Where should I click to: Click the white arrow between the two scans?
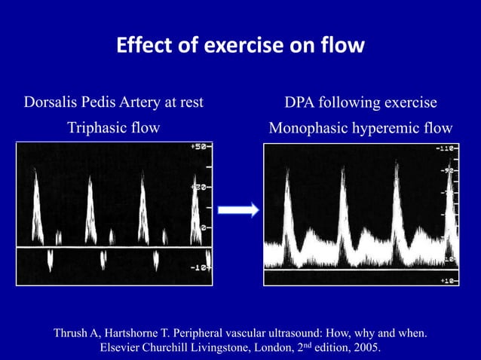(237, 210)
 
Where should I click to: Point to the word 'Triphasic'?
(97, 127)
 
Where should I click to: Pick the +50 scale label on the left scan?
(199, 147)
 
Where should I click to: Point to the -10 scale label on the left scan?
(199, 267)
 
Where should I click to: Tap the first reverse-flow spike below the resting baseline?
(50, 261)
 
